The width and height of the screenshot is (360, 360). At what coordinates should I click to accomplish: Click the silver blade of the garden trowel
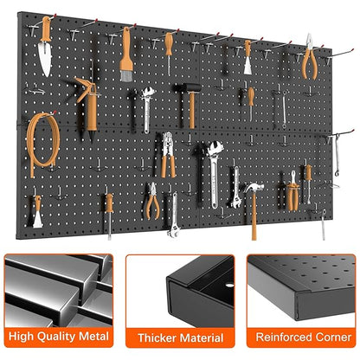(x=44, y=53)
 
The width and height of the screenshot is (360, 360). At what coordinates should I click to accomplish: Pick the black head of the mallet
(x=188, y=89)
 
